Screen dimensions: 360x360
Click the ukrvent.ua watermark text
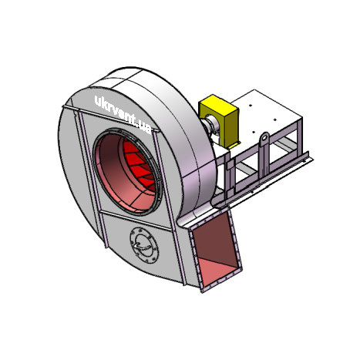click(123, 115)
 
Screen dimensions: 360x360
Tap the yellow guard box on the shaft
click(220, 120)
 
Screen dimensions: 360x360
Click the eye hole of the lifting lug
click(264, 137)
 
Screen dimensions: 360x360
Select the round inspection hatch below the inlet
click(144, 245)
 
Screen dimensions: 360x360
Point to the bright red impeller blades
click(140, 164)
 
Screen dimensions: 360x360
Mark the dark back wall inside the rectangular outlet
click(214, 237)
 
